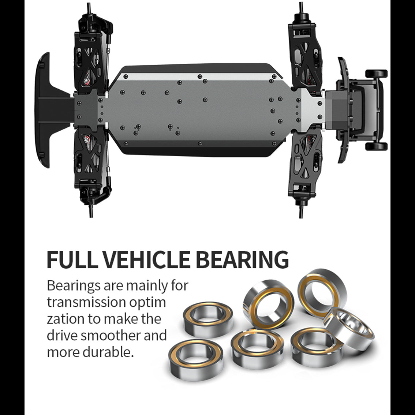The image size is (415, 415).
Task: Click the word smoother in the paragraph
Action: (111, 336)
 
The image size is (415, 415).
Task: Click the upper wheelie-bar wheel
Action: (376, 74)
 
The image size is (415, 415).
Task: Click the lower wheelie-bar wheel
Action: (376, 146)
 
